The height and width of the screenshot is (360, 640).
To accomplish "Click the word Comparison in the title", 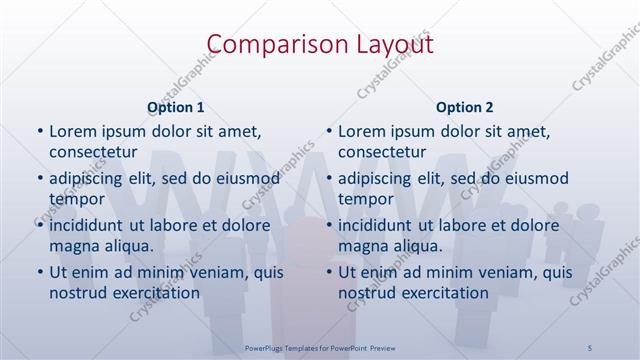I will tap(266, 43).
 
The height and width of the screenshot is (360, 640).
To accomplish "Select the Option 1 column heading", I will tap(176, 106).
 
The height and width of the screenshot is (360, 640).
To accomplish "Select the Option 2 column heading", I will tap(465, 106).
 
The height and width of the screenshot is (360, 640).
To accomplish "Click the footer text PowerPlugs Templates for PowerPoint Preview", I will tap(319, 347).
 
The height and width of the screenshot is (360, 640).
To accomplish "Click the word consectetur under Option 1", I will tap(94, 152).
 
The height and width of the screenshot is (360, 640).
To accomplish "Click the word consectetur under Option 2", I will tap(383, 152).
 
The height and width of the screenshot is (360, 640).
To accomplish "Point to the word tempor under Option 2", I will tap(363, 199).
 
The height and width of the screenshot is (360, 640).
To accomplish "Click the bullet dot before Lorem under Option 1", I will tap(39, 132).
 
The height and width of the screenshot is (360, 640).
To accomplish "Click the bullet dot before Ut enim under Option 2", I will tap(329, 272).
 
